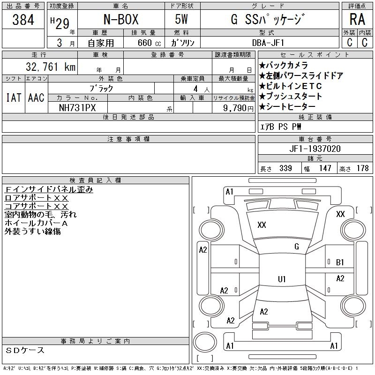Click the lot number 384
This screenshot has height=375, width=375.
click(x=23, y=20)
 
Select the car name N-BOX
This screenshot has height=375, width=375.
click(x=121, y=20)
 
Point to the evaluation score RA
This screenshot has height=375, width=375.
click(x=357, y=20)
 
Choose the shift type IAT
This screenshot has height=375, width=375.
click(x=13, y=97)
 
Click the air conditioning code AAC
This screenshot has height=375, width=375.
click(x=36, y=97)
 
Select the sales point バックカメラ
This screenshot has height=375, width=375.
click(x=283, y=66)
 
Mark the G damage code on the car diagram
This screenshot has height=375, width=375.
click(x=297, y=247)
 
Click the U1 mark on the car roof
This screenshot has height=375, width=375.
click(x=282, y=279)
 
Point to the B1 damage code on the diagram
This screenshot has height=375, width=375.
click(x=340, y=262)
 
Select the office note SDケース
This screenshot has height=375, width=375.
click(x=26, y=350)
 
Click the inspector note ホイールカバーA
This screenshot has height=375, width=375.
click(x=37, y=223)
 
